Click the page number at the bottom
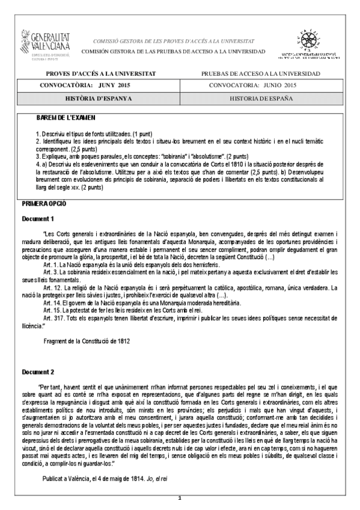[180, 499]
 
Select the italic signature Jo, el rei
[171, 477]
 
